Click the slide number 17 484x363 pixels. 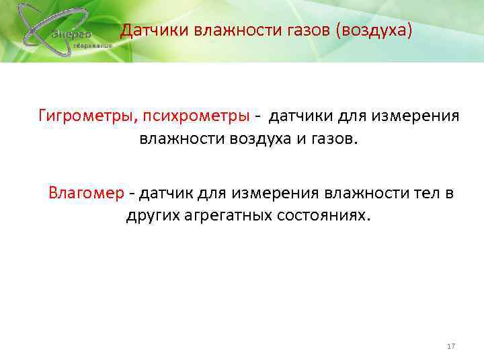(x=451, y=346)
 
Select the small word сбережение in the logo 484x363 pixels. (x=93, y=45)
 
